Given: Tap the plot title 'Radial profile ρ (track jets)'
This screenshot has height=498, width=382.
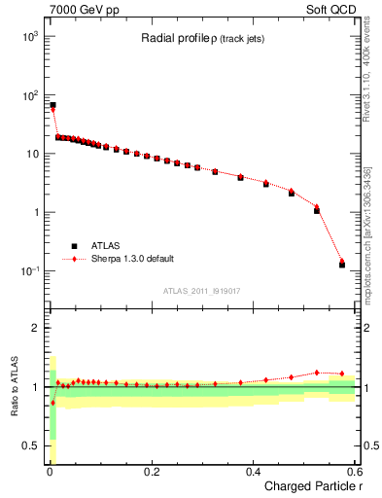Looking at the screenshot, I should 197,38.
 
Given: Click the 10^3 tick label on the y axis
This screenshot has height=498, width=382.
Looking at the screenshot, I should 27,36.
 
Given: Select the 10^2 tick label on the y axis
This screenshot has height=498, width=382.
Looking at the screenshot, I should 27,95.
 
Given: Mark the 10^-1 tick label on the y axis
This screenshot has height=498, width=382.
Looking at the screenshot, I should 27,270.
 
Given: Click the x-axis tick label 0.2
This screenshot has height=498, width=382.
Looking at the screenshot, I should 151,472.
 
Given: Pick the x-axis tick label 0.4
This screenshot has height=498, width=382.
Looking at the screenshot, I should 253,472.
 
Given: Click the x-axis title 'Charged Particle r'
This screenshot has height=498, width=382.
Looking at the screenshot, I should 310,487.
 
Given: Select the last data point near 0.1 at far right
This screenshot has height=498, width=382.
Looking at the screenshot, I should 342,264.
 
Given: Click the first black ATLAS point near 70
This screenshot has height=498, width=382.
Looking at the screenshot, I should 52,104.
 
